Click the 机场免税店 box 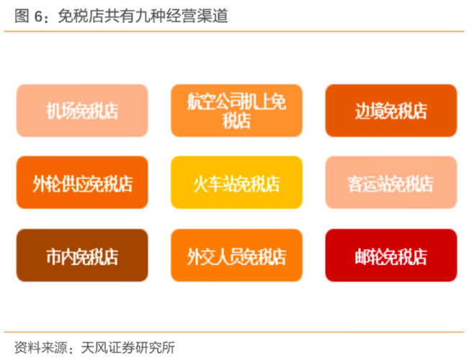82,111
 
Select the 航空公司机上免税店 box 236,111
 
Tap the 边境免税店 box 391,111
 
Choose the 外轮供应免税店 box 82,182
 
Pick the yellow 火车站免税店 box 236,182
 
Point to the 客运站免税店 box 391,182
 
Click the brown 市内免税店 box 82,256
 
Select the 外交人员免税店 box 236,256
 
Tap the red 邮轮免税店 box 391,256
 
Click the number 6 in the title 38,16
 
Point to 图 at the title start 22,16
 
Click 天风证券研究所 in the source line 128,348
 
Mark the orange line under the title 234,31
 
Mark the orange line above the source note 234,332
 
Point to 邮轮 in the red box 370,256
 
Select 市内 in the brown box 61,256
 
